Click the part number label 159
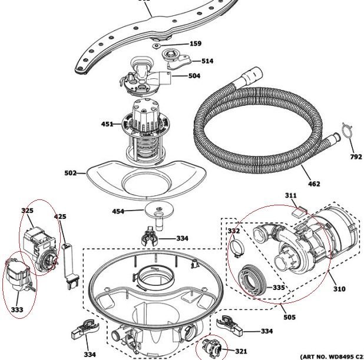tap(195, 44)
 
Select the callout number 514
tap(207, 61)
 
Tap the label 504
tap(194, 76)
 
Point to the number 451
tap(108, 124)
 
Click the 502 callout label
tap(71, 173)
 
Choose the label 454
tap(118, 211)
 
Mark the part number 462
tap(314, 184)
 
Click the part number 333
tap(16, 309)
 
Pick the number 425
tap(60, 217)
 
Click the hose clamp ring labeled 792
tap(347, 132)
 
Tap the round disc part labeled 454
tap(157, 209)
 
